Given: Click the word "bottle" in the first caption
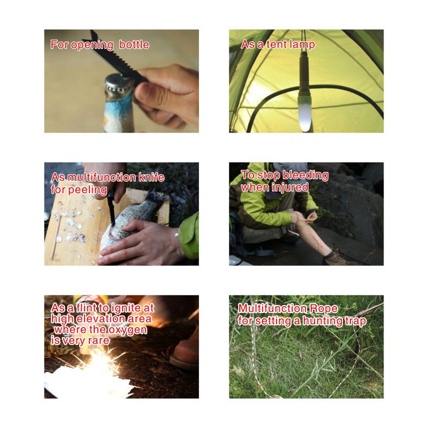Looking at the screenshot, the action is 134,44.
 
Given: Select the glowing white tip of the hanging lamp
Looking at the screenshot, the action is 304,114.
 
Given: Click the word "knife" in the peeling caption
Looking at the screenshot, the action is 151,178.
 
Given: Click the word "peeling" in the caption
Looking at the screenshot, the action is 87,190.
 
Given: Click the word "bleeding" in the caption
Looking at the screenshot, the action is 305,175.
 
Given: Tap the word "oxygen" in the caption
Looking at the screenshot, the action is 128,330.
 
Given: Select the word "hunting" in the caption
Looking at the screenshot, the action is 323,321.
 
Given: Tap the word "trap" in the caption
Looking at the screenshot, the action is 355,322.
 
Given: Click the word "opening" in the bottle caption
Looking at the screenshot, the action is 92,45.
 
